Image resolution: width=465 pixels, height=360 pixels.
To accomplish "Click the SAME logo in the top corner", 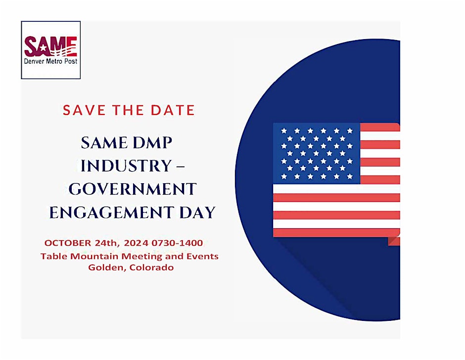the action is point(51,50).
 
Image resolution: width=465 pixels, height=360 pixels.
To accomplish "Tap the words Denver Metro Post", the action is point(51,61).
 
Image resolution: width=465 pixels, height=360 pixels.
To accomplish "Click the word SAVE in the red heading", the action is point(84,110).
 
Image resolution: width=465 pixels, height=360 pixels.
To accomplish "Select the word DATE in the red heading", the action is point(173,110).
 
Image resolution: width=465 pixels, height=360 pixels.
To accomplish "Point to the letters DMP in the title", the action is point(152,143).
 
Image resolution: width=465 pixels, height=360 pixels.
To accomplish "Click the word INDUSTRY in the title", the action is point(126,165).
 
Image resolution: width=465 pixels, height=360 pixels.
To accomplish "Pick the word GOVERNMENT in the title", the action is point(133,189).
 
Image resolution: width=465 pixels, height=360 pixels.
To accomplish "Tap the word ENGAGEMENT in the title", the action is point(111,212).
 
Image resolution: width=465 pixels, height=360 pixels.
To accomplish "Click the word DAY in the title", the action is point(197,212).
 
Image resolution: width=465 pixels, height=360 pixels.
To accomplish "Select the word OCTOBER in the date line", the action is point(68,243).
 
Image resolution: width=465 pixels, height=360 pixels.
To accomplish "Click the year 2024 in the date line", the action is point(136,243).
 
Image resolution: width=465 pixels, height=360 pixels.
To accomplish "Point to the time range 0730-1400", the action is point(177,243).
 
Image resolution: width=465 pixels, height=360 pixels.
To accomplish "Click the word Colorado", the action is point(151,268).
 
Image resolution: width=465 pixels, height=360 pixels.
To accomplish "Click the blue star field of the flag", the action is point(317,154).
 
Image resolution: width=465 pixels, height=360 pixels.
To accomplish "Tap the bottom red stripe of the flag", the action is point(336,233).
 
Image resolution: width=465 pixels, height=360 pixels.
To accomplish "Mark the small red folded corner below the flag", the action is point(394,241).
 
